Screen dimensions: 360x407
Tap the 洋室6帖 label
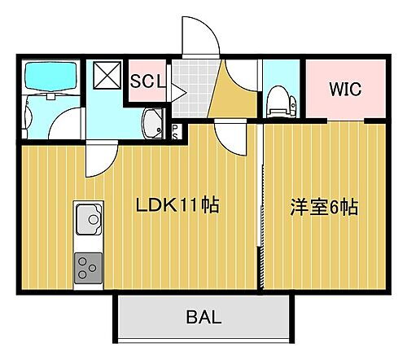324,206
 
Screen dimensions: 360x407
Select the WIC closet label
345,89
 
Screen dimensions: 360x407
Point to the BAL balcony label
203,318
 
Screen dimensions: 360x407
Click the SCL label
148,81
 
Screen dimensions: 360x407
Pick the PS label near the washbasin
175,131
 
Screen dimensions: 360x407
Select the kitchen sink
87,219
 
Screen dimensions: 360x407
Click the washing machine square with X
107,75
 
